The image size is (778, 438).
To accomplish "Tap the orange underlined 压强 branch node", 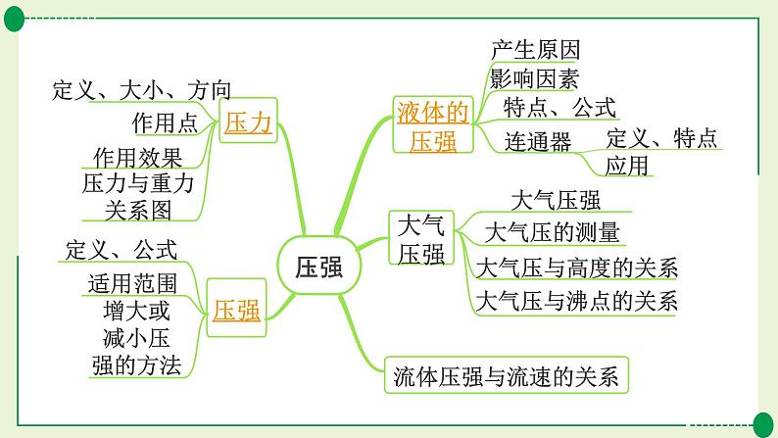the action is coord(237,311).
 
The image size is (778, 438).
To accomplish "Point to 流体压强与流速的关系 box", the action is coord(506,374).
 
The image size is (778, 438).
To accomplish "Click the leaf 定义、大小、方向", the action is coord(142,92).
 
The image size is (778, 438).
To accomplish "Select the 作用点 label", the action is coord(165,122).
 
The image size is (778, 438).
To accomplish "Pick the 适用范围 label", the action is coord(132,284).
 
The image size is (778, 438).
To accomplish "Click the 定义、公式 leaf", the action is coord(122,249).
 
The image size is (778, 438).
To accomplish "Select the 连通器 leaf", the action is coord(538,141).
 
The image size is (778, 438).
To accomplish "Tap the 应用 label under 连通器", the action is coord(627,166).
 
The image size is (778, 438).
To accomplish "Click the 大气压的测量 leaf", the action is coord(553,232).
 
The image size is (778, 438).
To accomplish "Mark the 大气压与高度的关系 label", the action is coord(576,268).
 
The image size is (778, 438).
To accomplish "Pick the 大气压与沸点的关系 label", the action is coord(576,301).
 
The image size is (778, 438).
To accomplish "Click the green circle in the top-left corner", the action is coord(13,13).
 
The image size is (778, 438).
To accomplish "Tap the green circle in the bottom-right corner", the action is coord(763,422).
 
